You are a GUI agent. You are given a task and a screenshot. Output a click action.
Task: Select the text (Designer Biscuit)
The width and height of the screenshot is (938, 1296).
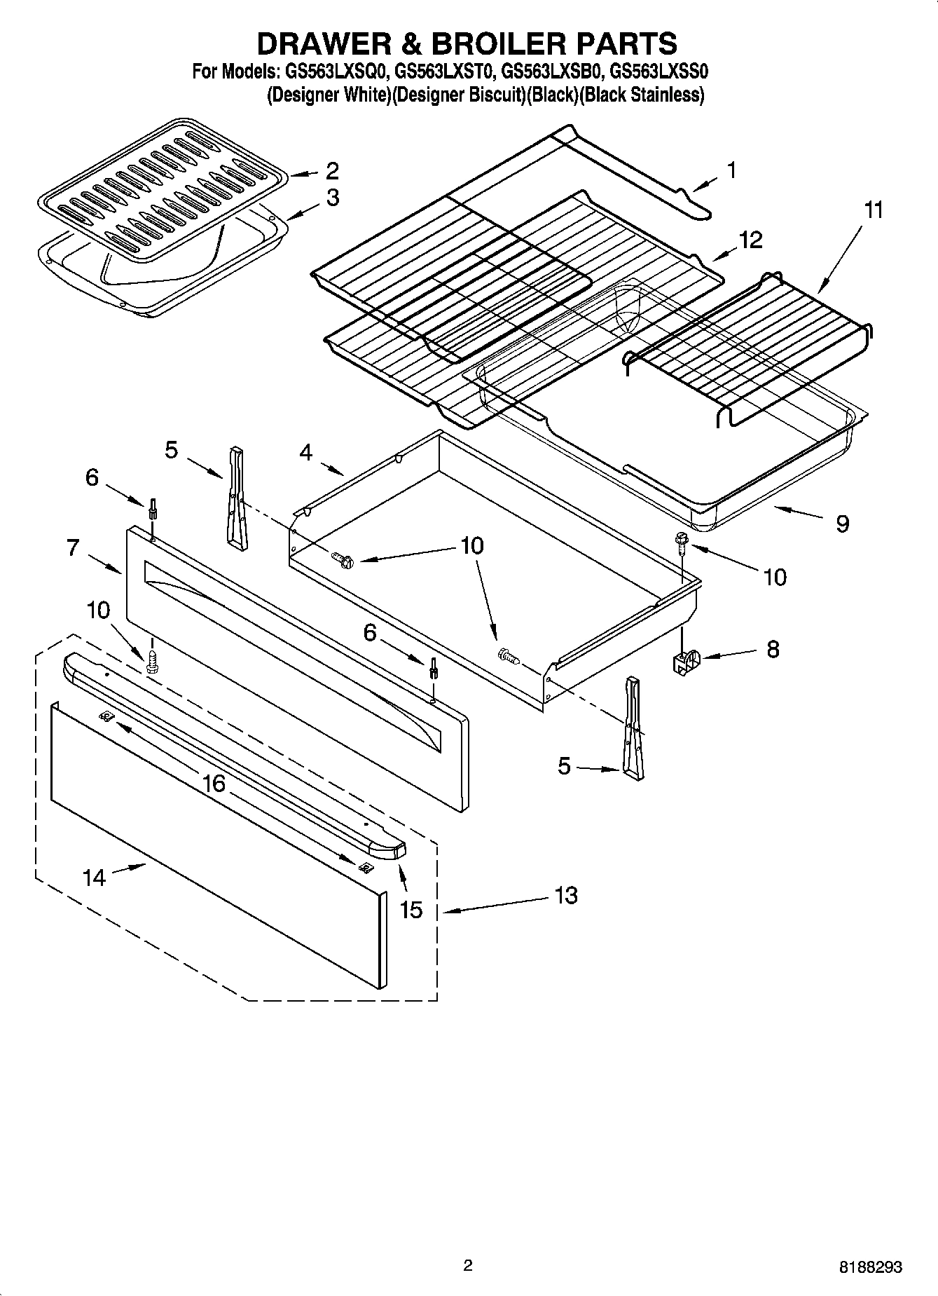(457, 95)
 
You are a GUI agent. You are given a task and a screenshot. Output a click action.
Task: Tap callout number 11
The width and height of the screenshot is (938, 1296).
(872, 210)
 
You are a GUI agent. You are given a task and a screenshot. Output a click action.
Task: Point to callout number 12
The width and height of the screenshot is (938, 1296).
(750, 240)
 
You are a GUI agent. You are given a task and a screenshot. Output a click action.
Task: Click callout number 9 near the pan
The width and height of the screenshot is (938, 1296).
(842, 523)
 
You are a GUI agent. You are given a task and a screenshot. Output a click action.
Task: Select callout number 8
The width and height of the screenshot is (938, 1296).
(773, 649)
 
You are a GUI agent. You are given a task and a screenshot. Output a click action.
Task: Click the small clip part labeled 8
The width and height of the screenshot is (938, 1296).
(684, 660)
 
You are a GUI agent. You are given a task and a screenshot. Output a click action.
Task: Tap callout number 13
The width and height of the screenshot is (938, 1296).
(566, 895)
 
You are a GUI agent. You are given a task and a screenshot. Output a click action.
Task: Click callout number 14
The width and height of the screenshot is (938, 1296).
(94, 877)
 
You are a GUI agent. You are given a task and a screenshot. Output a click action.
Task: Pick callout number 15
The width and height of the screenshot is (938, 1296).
(411, 909)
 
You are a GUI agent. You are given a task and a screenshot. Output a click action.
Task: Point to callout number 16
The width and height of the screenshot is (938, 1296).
(214, 783)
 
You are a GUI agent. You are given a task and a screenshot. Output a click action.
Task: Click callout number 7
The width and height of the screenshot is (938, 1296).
(74, 547)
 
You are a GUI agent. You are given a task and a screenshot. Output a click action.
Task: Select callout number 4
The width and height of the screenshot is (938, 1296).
(305, 453)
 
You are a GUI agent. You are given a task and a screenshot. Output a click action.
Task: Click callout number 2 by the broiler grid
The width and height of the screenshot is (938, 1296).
(332, 170)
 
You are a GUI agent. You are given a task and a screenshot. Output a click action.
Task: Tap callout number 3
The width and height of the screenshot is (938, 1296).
(332, 198)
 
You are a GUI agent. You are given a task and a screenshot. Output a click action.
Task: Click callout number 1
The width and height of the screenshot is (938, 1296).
(731, 170)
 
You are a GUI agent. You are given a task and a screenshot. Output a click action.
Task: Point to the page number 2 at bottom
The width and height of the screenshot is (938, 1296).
(468, 1265)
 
